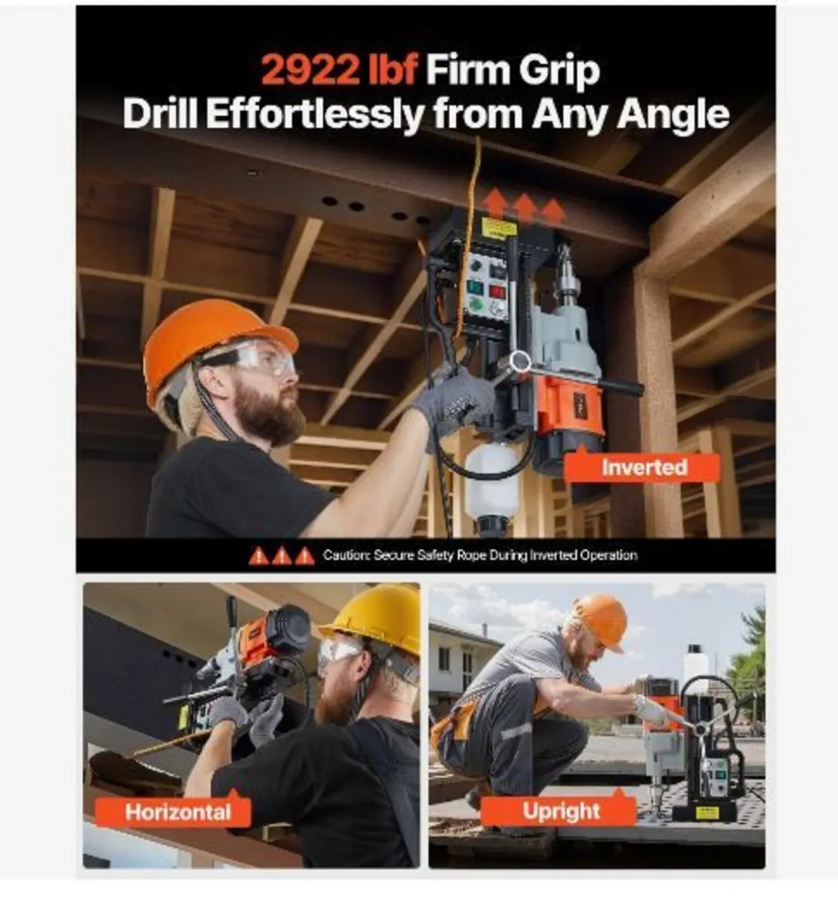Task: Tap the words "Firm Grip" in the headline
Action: point(513,71)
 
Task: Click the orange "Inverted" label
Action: point(643,467)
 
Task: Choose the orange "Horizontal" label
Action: point(178,812)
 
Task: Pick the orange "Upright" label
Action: point(561,812)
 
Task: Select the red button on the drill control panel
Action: point(498,291)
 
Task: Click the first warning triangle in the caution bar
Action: point(259,556)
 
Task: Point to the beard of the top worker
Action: point(267,413)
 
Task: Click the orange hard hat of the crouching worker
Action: point(601,620)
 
